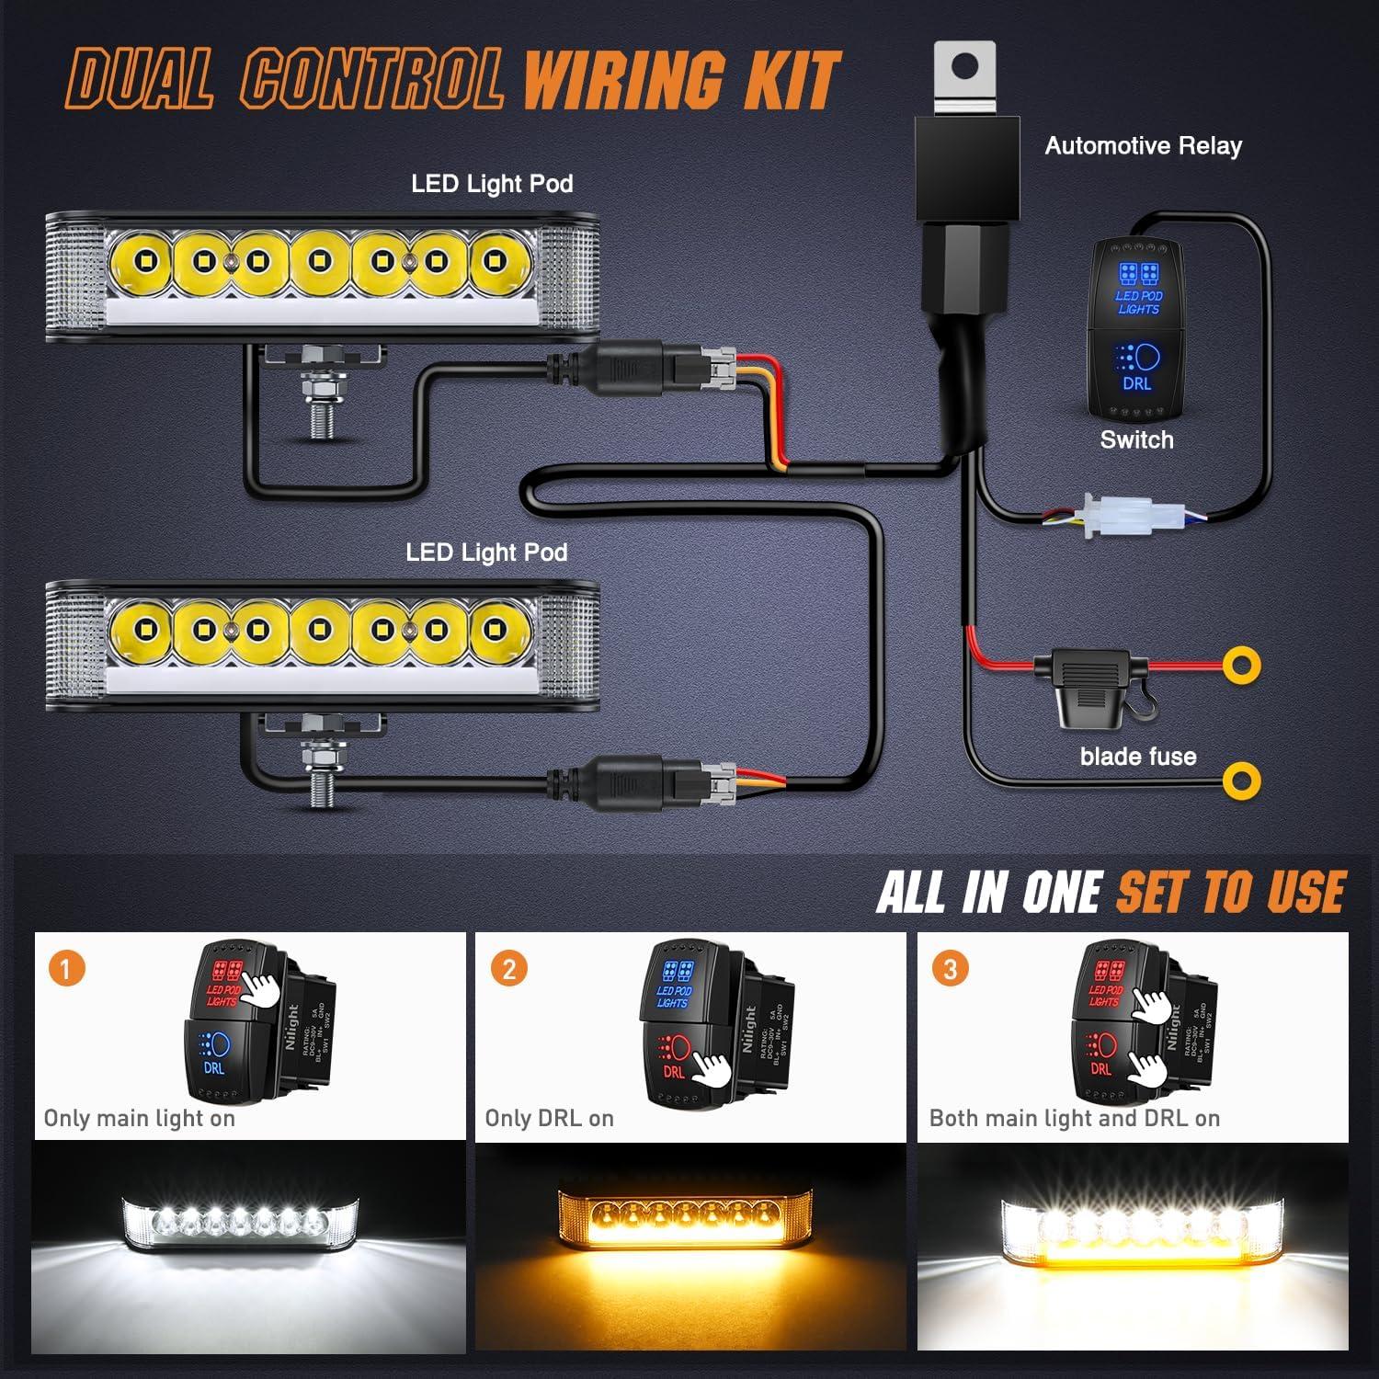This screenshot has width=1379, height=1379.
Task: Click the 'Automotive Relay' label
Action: coord(1143,145)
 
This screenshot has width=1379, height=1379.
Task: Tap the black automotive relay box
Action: coord(965,170)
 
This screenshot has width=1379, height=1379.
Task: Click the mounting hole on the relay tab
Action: coord(965,66)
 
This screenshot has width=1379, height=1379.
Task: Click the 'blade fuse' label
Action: coord(1138,757)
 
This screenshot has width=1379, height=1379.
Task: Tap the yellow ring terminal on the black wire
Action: coord(1242,781)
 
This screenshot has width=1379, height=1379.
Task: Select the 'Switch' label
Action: coord(1136,439)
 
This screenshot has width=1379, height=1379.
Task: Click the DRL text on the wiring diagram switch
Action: coord(1137,383)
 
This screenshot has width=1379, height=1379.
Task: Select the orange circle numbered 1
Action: coord(66,968)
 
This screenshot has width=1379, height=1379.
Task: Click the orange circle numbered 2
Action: coord(509,968)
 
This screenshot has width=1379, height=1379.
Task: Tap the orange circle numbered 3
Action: coord(951,968)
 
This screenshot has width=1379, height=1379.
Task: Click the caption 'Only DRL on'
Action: coord(549,1118)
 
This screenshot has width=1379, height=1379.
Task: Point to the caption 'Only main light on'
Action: coord(140,1118)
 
